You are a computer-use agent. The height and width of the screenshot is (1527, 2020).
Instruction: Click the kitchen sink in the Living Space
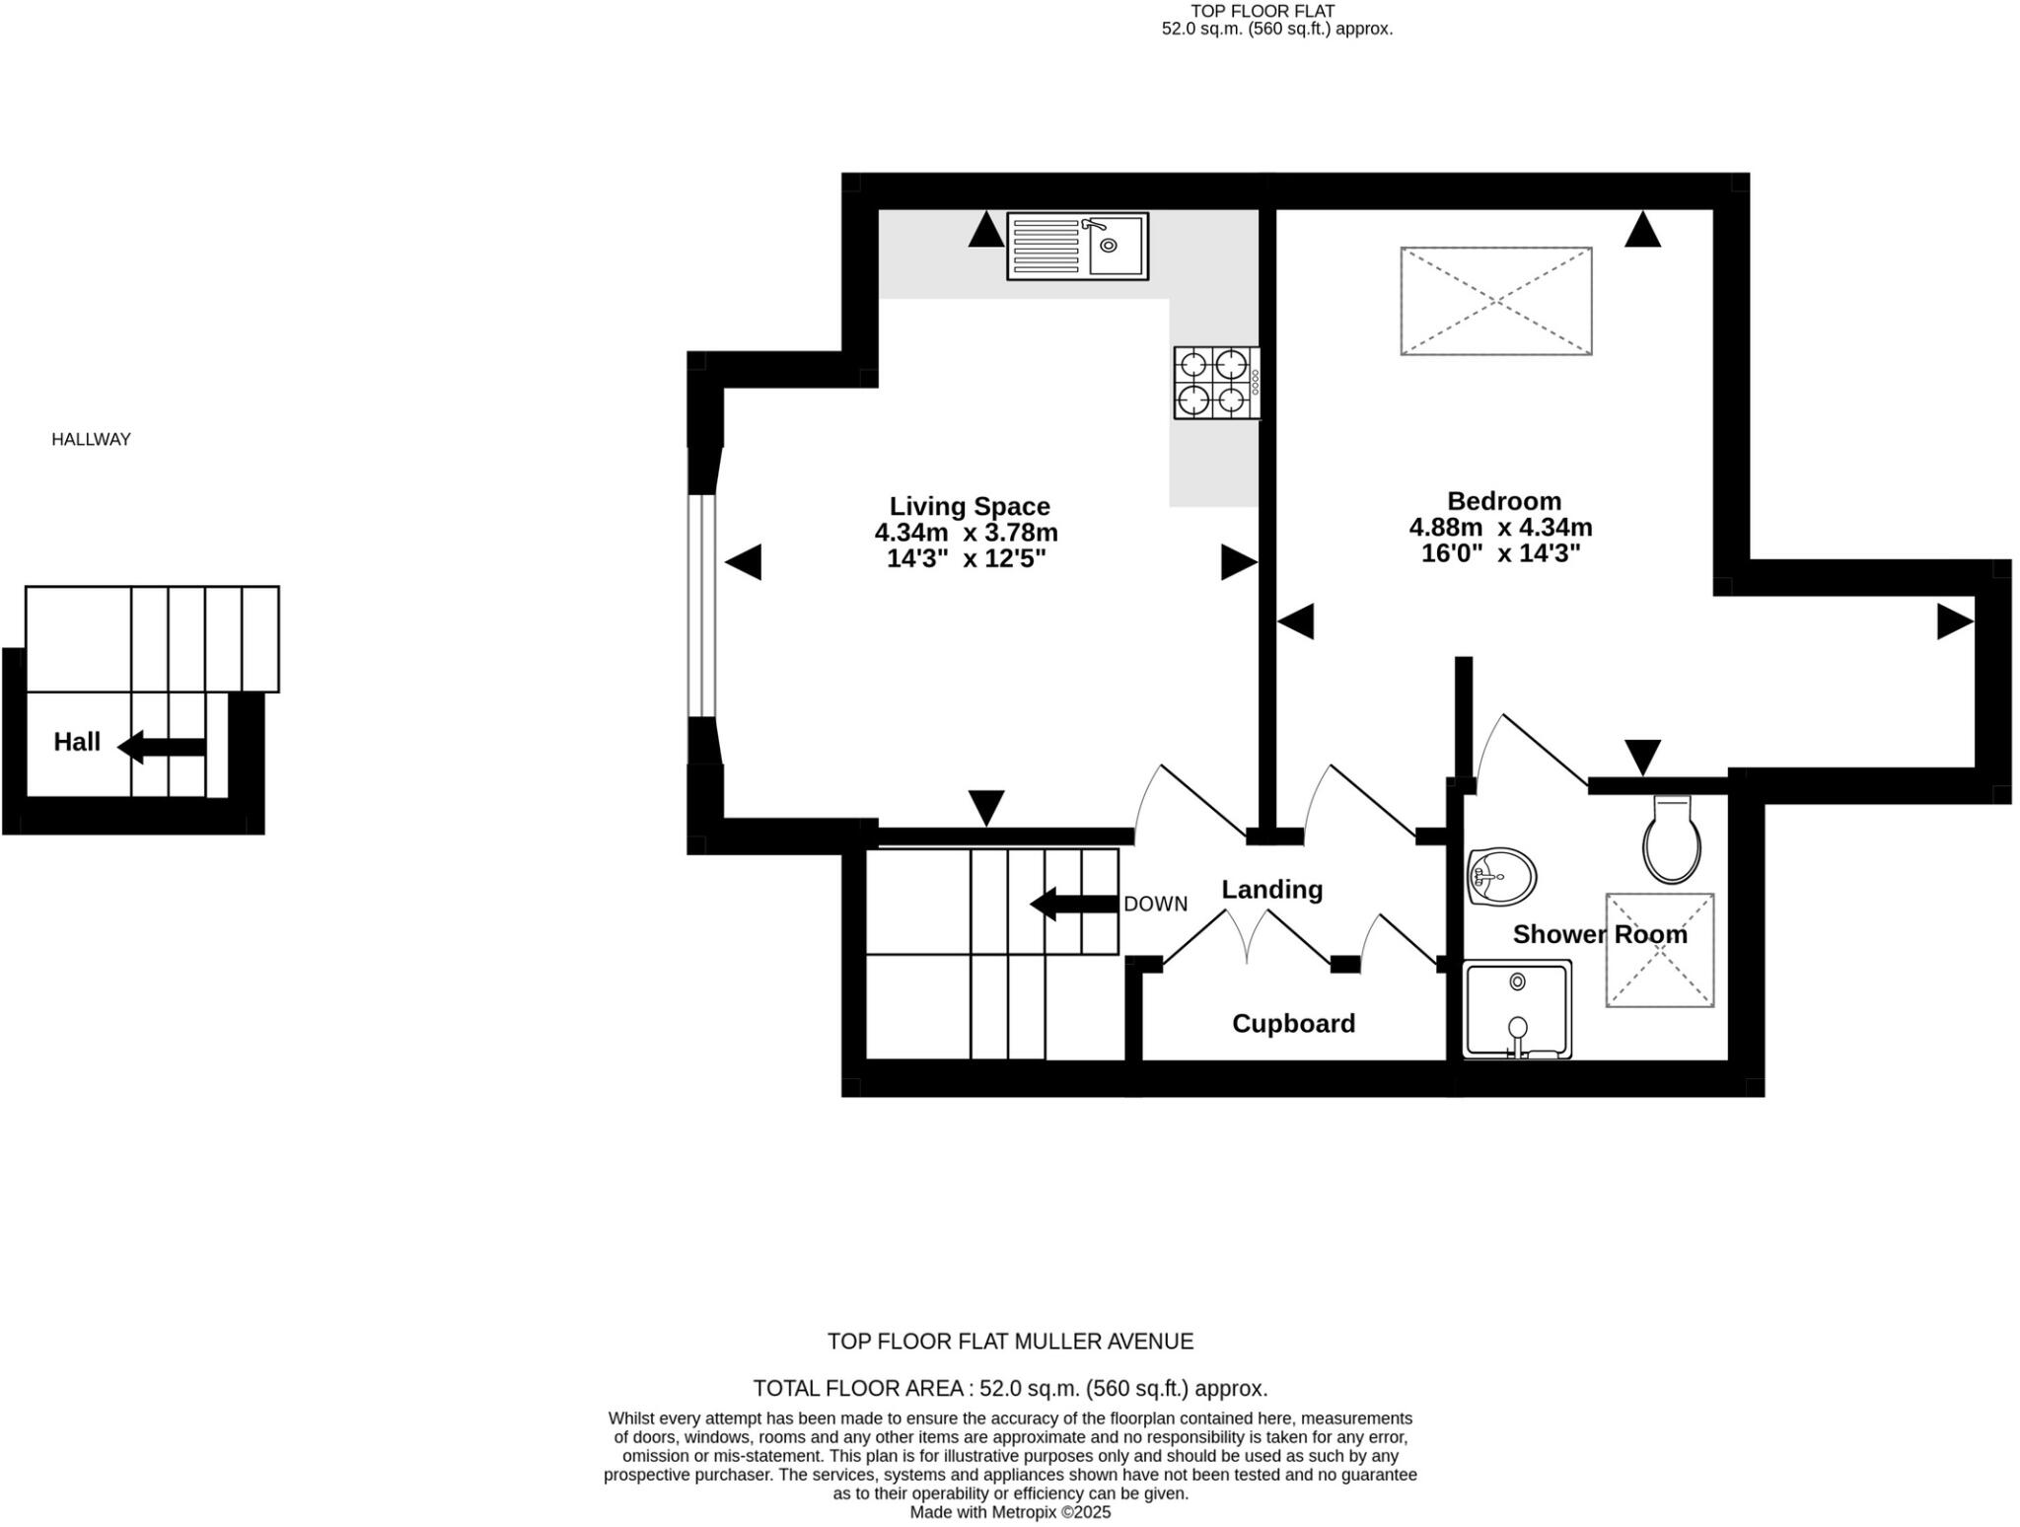tap(1077, 246)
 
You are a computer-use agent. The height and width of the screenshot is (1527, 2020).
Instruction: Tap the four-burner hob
tap(1215, 383)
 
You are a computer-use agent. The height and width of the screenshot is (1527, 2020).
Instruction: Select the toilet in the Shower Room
tap(1672, 840)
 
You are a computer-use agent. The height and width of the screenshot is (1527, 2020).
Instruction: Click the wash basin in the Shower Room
tap(1501, 876)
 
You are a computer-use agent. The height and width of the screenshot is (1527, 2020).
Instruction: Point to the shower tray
tap(1517, 1009)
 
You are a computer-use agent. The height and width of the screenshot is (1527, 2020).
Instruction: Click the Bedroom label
tap(1504, 500)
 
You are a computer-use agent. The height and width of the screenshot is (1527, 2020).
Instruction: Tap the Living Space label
tap(969, 506)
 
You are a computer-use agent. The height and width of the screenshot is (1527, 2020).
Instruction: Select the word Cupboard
tap(1293, 1023)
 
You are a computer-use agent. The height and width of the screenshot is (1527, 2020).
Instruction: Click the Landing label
tap(1271, 889)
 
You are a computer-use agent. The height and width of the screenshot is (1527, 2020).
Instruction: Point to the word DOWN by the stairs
tap(1155, 904)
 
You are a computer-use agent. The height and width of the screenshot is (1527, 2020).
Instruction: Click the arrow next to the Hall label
tap(161, 746)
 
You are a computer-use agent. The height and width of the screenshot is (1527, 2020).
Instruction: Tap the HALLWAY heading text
tap(91, 439)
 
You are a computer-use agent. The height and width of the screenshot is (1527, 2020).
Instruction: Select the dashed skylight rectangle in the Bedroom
tap(1495, 301)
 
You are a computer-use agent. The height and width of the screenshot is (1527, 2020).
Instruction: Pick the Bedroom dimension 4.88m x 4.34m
tap(1500, 527)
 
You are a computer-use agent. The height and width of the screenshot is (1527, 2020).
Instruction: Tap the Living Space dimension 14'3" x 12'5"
tap(966, 558)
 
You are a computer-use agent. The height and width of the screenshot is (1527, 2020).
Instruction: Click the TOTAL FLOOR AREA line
tap(1010, 1388)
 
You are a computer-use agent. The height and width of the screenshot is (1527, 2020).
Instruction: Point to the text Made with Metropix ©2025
tap(1010, 1511)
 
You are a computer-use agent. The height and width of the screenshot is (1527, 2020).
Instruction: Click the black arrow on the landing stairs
tap(1073, 904)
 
